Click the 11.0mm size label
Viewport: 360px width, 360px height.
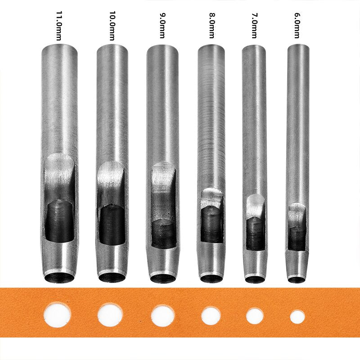59,26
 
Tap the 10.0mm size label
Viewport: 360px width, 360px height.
112,26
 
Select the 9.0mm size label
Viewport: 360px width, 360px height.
162,26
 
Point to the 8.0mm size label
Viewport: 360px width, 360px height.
212,26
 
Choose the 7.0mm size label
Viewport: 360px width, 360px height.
254,26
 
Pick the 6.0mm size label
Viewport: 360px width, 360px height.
297,26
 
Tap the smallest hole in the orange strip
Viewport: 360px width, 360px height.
297,317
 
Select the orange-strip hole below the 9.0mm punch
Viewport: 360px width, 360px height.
163,316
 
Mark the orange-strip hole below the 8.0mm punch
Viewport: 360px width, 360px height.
211,316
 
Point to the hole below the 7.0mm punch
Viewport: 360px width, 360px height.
255,316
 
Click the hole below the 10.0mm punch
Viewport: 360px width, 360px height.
110,315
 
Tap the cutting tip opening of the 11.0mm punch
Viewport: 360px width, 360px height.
59,278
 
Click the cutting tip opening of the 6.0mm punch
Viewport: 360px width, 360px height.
297,279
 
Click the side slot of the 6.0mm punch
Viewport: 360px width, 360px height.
297,226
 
